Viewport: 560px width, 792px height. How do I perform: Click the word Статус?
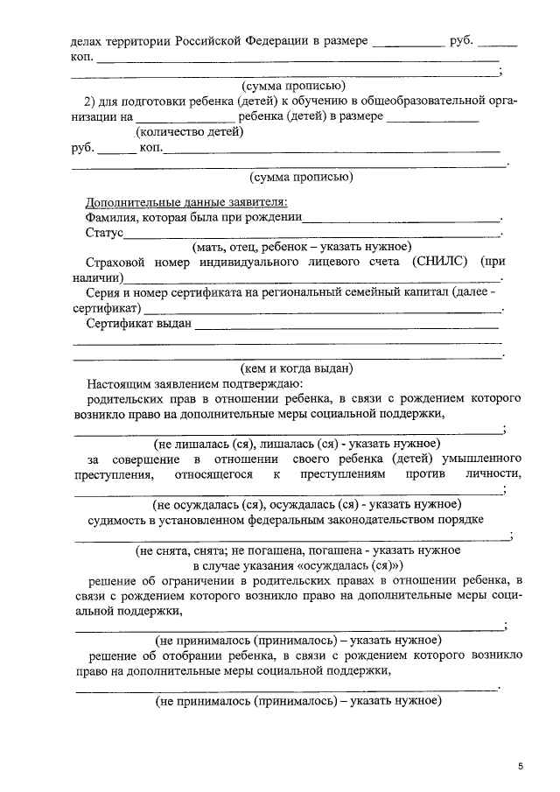(103, 234)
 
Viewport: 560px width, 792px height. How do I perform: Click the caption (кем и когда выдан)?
(297, 368)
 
